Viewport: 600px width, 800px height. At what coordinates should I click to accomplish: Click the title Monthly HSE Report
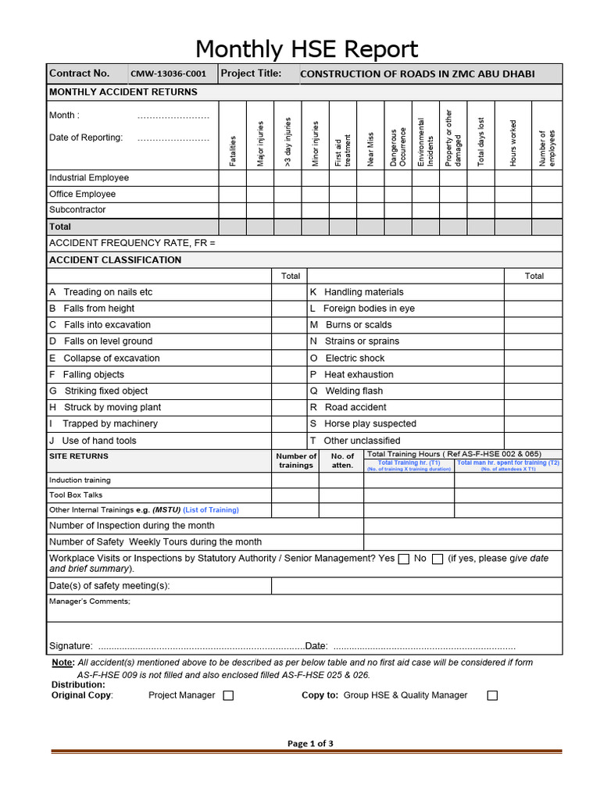[x=306, y=48]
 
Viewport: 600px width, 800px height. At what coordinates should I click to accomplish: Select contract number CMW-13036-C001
[x=168, y=74]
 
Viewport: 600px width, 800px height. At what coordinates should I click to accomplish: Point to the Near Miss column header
[x=370, y=148]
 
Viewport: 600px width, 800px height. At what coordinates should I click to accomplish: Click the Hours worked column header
[x=512, y=142]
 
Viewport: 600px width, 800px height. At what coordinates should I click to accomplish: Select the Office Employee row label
[x=82, y=194]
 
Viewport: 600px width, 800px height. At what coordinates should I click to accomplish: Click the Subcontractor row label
[x=77, y=209]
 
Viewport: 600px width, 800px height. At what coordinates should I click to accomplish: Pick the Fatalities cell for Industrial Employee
[x=233, y=177]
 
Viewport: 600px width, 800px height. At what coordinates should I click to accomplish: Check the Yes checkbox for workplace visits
[x=404, y=559]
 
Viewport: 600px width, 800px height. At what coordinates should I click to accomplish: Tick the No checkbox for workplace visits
[x=437, y=559]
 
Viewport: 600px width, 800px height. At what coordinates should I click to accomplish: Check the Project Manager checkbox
[x=228, y=695]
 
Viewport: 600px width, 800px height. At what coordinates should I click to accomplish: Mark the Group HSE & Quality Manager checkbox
[x=492, y=695]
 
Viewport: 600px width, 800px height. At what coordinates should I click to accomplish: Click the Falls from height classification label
[x=99, y=309]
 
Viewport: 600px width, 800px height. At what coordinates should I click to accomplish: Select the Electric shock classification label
[x=355, y=358]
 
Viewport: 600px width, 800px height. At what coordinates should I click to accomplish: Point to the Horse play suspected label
[x=370, y=423]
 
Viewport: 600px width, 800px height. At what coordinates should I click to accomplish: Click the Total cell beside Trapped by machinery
[x=290, y=423]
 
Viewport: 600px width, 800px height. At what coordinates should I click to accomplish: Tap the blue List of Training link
[x=211, y=509]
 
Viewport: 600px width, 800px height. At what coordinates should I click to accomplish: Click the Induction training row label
[x=80, y=480]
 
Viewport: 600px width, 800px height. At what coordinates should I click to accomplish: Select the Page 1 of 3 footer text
[x=310, y=743]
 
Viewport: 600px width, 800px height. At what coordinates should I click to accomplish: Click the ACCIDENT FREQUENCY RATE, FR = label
[x=132, y=243]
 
